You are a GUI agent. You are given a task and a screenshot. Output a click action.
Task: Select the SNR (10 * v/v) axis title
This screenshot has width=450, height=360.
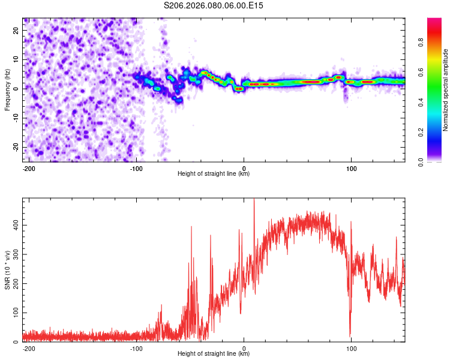[7, 269]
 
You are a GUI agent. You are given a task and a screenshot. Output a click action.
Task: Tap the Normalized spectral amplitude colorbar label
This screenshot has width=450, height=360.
[446, 90]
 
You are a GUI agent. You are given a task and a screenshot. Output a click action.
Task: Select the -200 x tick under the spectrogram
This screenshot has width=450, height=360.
[28, 168]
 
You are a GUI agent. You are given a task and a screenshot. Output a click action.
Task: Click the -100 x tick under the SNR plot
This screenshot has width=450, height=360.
[136, 348]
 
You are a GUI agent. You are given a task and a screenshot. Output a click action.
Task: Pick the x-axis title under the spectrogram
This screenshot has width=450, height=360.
[214, 174]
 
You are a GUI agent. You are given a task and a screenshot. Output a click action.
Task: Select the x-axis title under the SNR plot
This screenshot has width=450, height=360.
[214, 354]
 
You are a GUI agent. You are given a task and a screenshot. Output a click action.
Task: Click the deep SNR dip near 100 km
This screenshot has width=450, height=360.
[350, 335]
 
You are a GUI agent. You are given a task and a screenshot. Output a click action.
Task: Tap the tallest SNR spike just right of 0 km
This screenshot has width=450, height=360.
[254, 200]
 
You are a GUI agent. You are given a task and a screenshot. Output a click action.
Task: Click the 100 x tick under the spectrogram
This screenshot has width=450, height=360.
[350, 168]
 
